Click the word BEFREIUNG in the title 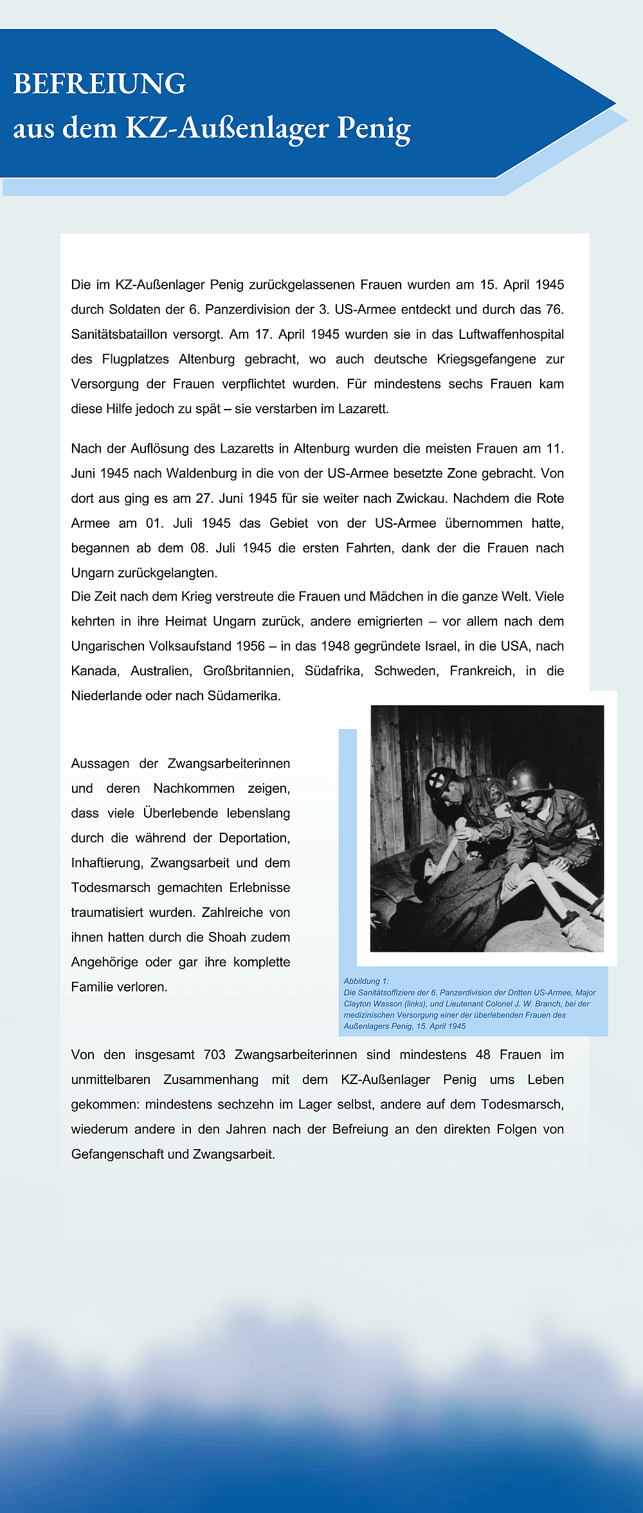tap(100, 84)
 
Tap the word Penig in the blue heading tap(374, 128)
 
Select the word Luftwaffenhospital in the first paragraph tap(511, 334)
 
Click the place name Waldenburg tap(202, 473)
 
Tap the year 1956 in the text tap(250, 646)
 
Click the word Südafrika tap(334, 671)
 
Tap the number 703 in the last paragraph tap(214, 1055)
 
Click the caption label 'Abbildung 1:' tap(366, 981)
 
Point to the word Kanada tap(95, 671)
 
